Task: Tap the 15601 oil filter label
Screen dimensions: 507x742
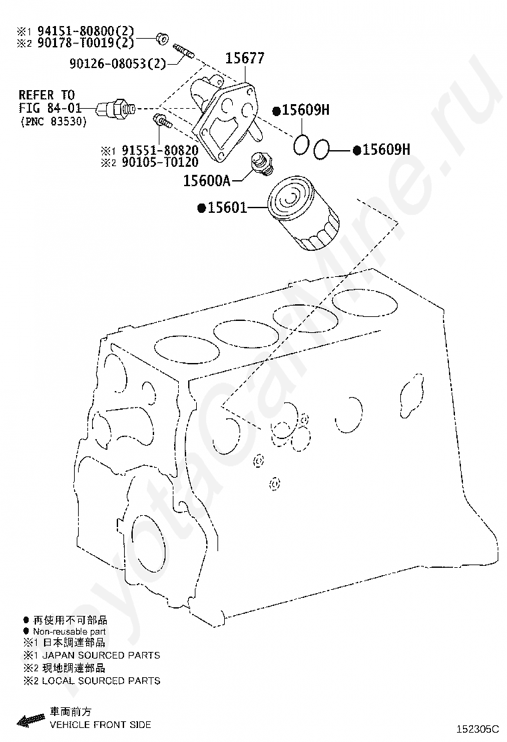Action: [x=226, y=208]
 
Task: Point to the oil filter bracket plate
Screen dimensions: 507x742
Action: [x=223, y=120]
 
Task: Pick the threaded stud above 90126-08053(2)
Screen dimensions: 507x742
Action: [x=183, y=50]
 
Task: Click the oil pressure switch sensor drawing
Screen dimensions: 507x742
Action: [x=115, y=107]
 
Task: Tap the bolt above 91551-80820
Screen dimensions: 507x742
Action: [x=162, y=122]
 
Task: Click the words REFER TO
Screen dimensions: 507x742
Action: [x=47, y=95]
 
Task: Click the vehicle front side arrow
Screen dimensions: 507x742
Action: [x=29, y=719]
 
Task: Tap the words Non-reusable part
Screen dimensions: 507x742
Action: [x=69, y=631]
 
